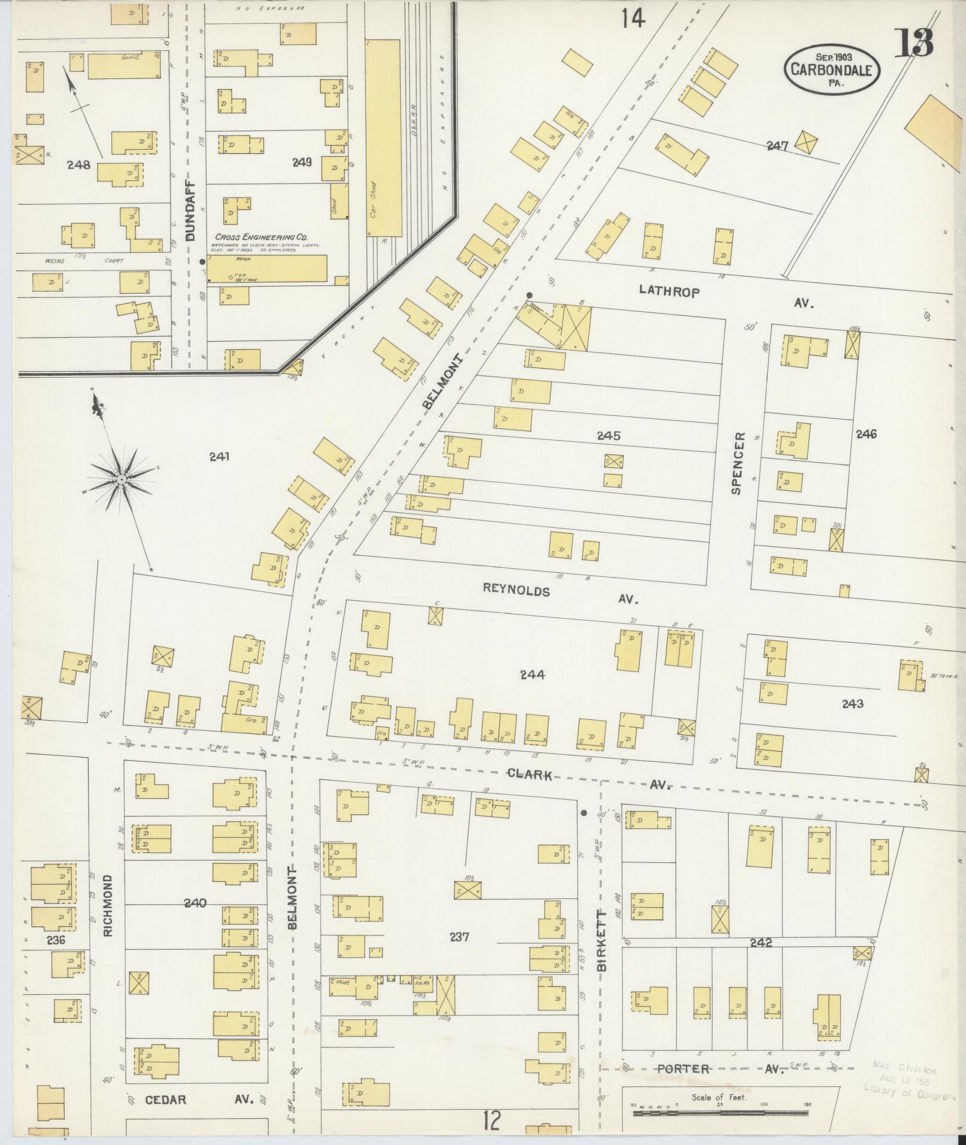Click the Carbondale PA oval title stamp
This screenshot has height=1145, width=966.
tap(832, 69)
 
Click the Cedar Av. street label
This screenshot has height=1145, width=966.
tap(200, 1100)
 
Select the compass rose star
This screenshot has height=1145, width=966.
tap(121, 479)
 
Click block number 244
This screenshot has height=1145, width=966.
tap(532, 675)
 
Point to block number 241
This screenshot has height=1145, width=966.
tap(219, 457)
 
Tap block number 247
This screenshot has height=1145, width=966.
tap(779, 145)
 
